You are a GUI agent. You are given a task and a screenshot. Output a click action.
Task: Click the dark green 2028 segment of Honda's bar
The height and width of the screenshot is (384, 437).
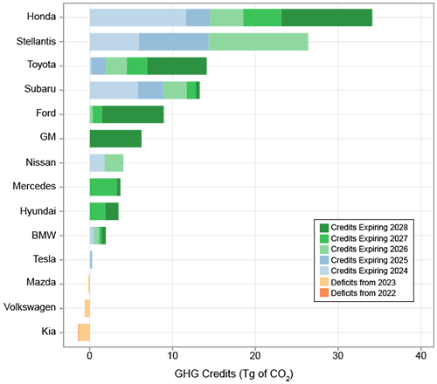coord(326,17)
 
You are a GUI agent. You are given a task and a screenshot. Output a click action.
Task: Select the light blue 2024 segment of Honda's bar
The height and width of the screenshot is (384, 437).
coord(137,17)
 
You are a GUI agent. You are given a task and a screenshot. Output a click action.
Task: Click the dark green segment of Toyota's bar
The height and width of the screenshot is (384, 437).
coord(177,65)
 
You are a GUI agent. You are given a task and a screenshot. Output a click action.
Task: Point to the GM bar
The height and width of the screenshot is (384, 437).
coord(115,138)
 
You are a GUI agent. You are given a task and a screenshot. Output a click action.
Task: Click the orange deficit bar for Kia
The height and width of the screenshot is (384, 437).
coord(84,332)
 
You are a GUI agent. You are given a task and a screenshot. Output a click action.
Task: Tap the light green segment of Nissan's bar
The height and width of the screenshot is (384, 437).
coord(114,162)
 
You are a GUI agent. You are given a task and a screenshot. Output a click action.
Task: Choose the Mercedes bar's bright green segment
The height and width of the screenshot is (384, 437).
coord(103,187)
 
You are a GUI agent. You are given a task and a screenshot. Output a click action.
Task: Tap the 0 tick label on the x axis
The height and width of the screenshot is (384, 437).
coord(90,355)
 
